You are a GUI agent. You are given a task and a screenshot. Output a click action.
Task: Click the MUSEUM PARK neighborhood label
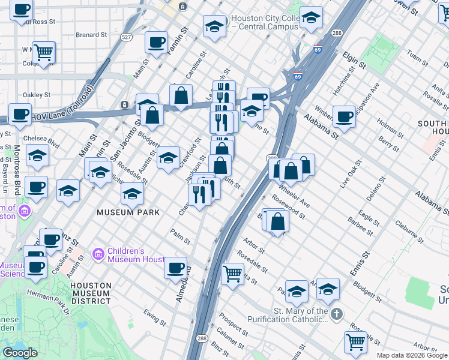130,212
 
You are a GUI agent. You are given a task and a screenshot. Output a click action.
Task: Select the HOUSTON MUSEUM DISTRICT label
90,291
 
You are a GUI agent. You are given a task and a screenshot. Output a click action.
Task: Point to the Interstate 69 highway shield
298,77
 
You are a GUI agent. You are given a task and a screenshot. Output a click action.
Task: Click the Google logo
20,353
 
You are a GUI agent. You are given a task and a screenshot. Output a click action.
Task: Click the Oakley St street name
37,95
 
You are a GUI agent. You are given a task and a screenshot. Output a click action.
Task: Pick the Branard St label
91,35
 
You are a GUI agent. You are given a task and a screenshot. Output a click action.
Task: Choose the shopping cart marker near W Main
44,52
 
